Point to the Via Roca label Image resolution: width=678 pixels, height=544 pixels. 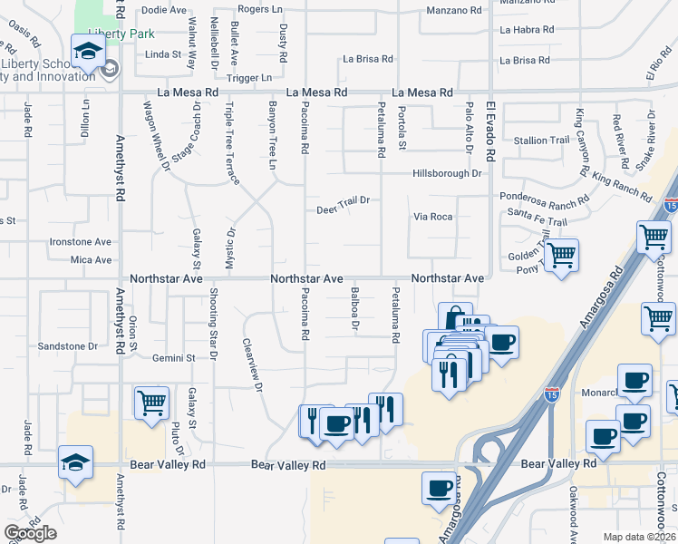click(432, 218)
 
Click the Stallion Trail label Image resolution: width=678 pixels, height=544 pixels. click(541, 141)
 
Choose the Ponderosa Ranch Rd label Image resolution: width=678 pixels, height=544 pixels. click(545, 195)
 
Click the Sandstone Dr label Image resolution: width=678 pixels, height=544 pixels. click(68, 346)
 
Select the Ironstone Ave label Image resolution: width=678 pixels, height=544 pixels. click(80, 242)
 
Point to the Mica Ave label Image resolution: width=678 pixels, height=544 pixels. click(91, 260)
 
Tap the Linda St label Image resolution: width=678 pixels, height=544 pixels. click(164, 54)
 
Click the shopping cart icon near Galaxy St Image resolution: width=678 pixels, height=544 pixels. click(151, 402)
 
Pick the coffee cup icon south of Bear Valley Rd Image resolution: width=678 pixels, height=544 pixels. click(439, 487)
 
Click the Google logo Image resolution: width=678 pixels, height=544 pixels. click(30, 533)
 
